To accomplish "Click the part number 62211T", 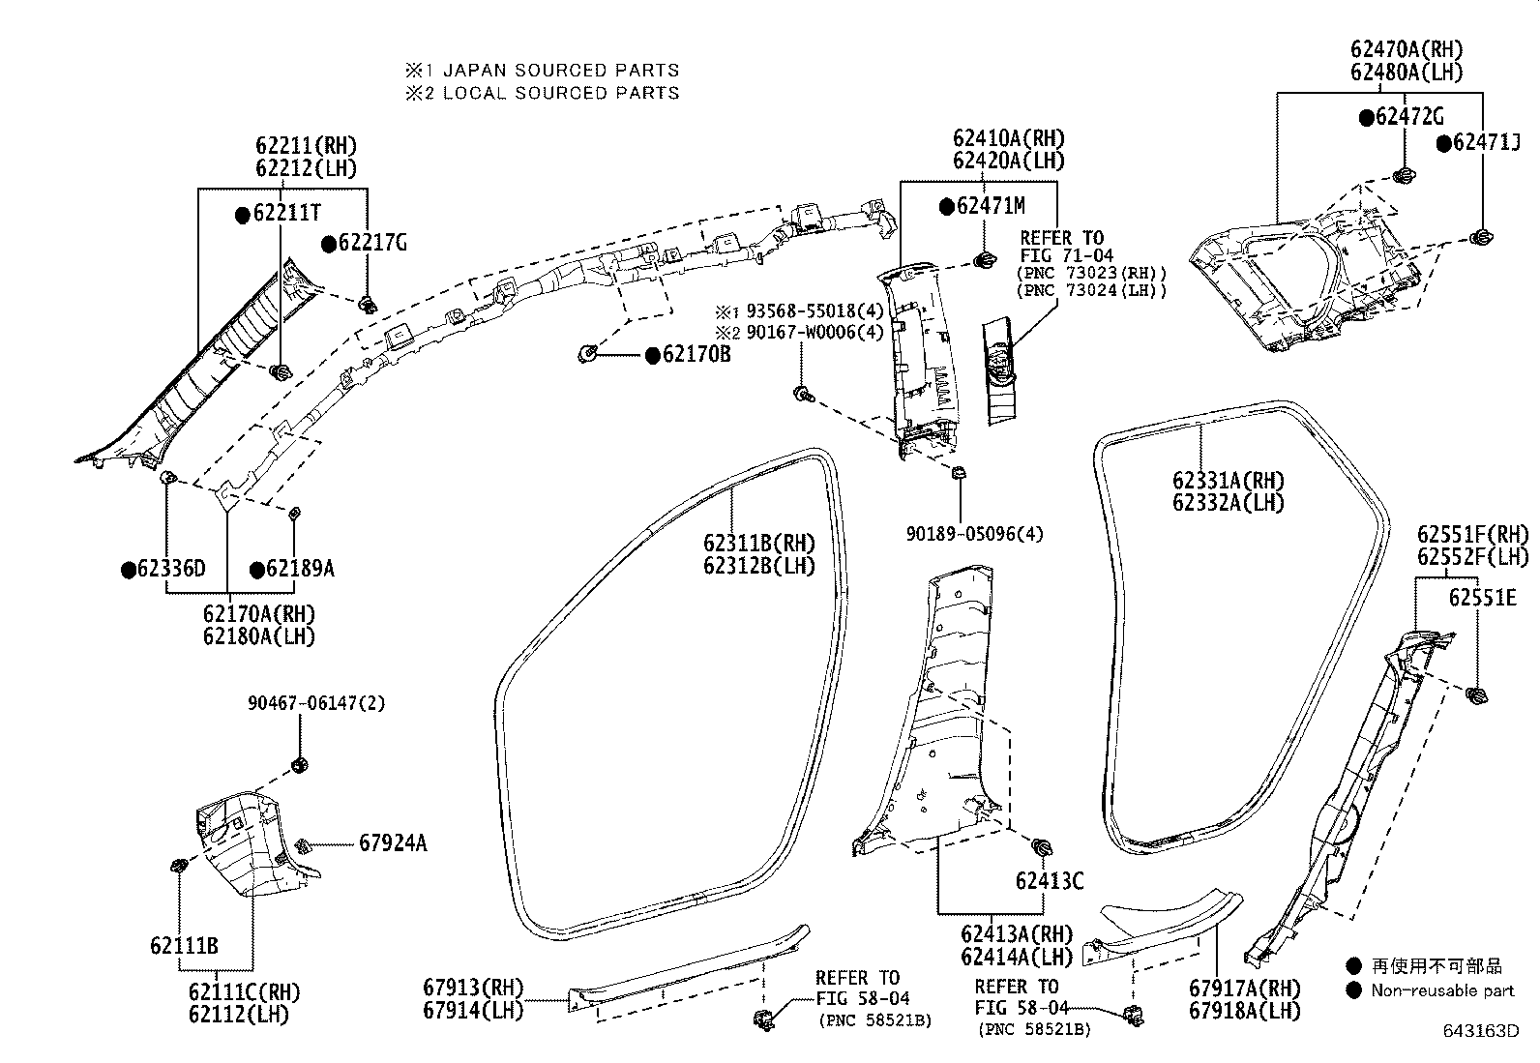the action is click(286, 213).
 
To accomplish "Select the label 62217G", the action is click(372, 243).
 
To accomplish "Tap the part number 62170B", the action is click(696, 354).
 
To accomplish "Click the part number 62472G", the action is click(1409, 117).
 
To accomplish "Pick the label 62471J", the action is click(1486, 142).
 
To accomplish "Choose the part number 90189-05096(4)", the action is click(974, 534).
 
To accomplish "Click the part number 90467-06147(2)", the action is click(316, 703).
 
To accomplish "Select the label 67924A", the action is click(393, 843).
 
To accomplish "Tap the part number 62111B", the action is click(184, 946).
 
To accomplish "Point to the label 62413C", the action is click(1050, 881).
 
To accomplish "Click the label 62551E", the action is click(1482, 598).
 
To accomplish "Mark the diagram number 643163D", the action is click(1480, 1031).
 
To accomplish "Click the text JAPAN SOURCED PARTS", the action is click(561, 71).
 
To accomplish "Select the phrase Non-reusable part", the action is click(1442, 990).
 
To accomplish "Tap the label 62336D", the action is click(171, 569).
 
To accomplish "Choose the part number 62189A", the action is click(300, 569).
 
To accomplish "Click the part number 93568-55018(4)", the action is click(814, 310).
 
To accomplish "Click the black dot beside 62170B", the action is click(652, 356).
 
